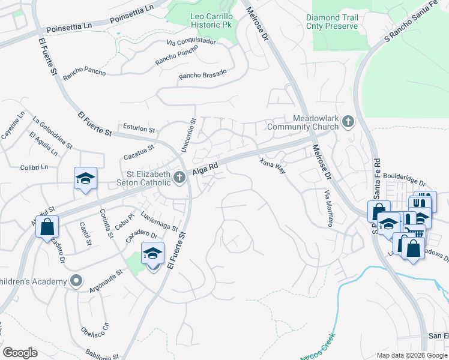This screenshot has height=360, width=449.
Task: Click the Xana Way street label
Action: tap(272, 166)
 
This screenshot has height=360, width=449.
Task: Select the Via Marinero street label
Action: tap(328, 208)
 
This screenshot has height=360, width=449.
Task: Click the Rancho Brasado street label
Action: tap(203, 74)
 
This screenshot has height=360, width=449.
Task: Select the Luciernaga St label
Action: tap(159, 221)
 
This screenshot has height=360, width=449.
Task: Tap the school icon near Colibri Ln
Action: tap(85, 178)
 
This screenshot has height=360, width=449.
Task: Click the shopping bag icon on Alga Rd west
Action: tap(47, 227)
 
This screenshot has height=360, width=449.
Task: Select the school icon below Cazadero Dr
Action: tap(152, 254)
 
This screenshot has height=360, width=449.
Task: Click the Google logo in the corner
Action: tap(20, 352)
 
